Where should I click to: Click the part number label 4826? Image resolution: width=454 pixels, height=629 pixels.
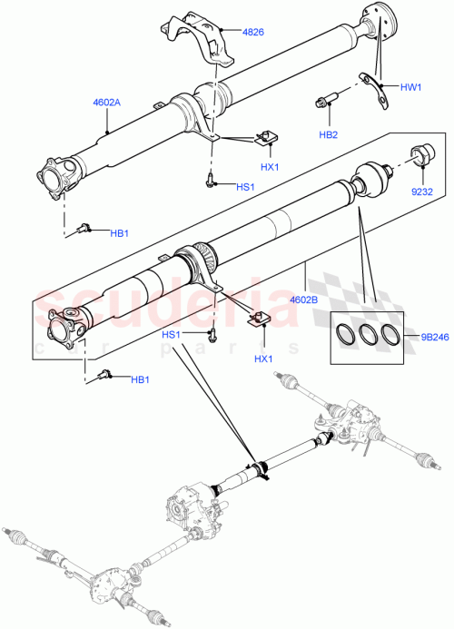coord(253,33)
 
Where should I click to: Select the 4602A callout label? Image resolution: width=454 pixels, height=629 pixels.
coord(108,103)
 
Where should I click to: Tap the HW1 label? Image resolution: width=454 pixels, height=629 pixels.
coord(411,87)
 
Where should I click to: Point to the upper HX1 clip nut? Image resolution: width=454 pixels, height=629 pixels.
coord(266,138)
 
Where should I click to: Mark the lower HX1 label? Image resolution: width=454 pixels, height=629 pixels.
coord(264,359)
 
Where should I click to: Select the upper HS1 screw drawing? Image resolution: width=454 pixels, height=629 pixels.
coord(210,181)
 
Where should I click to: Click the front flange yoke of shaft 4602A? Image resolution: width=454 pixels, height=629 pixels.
coord(57,175)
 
